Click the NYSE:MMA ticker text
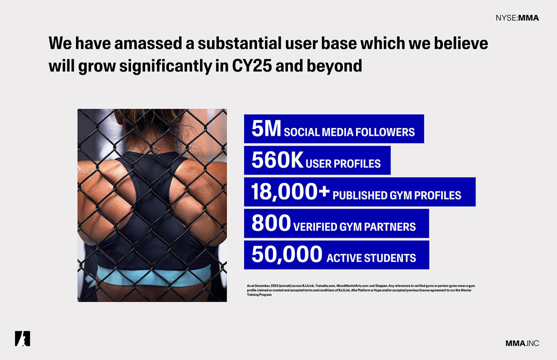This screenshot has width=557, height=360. [x=517, y=18]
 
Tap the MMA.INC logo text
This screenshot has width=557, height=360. [x=522, y=343]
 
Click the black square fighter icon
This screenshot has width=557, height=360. [x=22, y=338]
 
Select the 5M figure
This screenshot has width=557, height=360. [x=266, y=129]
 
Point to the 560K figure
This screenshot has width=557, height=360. [x=277, y=160]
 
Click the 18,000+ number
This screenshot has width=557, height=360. [x=290, y=192]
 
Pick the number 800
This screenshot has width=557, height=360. [x=271, y=223]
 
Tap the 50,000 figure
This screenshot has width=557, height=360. [x=287, y=254]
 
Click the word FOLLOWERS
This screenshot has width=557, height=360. [x=385, y=132]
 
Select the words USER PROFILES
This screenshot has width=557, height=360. [x=343, y=164]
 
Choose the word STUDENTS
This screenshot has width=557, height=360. [x=390, y=258]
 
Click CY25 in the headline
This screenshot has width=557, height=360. [x=252, y=66]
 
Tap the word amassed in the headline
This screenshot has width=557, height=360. [x=148, y=43]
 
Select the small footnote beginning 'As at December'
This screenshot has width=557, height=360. [x=361, y=290]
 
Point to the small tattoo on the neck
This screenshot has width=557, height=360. [x=157, y=150]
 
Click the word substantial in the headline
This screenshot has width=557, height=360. [x=240, y=43]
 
